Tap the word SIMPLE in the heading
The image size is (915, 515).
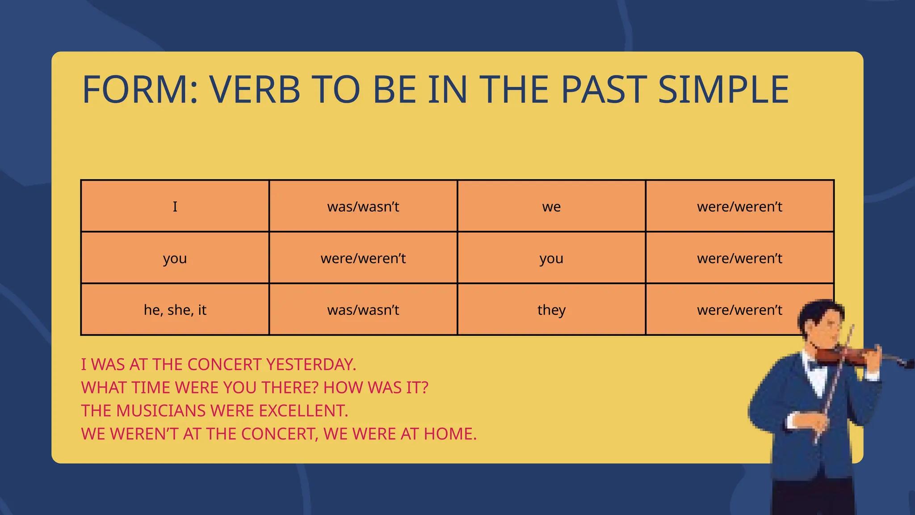click(723, 90)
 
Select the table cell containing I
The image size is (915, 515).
click(175, 206)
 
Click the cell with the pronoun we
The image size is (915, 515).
click(551, 206)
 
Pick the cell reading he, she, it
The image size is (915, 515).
click(175, 309)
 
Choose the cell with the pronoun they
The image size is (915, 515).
click(551, 309)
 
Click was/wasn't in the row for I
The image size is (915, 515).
click(363, 206)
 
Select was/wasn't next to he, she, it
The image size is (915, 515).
click(363, 309)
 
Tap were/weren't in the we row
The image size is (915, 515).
click(739, 206)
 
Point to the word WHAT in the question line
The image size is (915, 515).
click(103, 387)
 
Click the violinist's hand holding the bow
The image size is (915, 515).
click(811, 422)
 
